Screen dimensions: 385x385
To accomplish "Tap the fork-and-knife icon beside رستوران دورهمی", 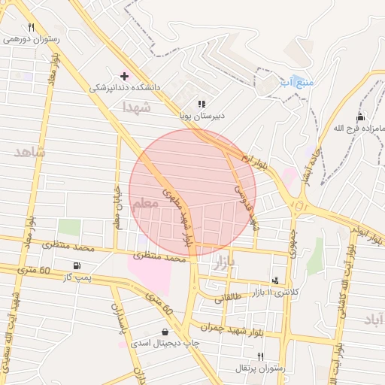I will (30, 27).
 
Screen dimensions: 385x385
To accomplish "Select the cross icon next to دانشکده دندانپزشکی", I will (124, 76).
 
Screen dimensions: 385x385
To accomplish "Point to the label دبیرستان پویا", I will (202, 117).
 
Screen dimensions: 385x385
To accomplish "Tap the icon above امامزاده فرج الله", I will (360, 117).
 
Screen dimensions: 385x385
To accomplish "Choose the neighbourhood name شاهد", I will (30, 152).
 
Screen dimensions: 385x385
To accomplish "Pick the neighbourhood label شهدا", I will (137, 108).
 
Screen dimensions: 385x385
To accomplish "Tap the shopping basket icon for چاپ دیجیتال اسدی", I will (165, 332).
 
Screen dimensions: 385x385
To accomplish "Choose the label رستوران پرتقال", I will (260, 368).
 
